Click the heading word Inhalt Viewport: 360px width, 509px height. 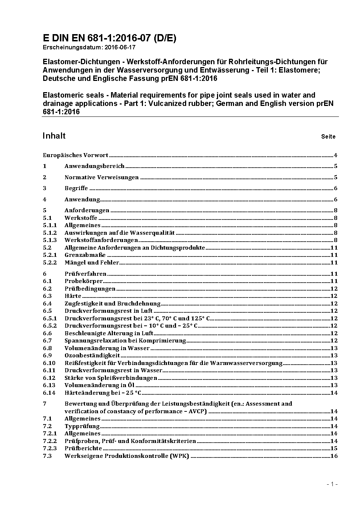[54, 136]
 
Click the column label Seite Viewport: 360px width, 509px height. [328, 137]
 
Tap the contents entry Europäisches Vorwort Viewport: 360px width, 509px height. [75, 155]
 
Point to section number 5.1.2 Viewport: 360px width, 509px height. [50, 233]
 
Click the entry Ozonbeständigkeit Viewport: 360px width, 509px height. [92, 356]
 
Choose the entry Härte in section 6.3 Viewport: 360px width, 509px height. [73, 296]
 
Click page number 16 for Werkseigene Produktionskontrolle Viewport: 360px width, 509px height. [334, 456]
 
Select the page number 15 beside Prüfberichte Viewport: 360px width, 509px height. [334, 448]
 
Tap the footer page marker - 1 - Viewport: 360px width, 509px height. [332, 484]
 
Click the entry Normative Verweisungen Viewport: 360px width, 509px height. [102, 177]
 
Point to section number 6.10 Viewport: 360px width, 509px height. [49, 363]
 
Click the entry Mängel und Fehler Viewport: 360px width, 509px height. [92, 263]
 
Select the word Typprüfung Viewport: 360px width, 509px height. [82, 426]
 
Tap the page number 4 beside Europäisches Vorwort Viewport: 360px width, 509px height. [336, 155]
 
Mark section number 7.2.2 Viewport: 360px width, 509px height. [50, 441]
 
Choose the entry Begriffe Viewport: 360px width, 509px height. [76, 188]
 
